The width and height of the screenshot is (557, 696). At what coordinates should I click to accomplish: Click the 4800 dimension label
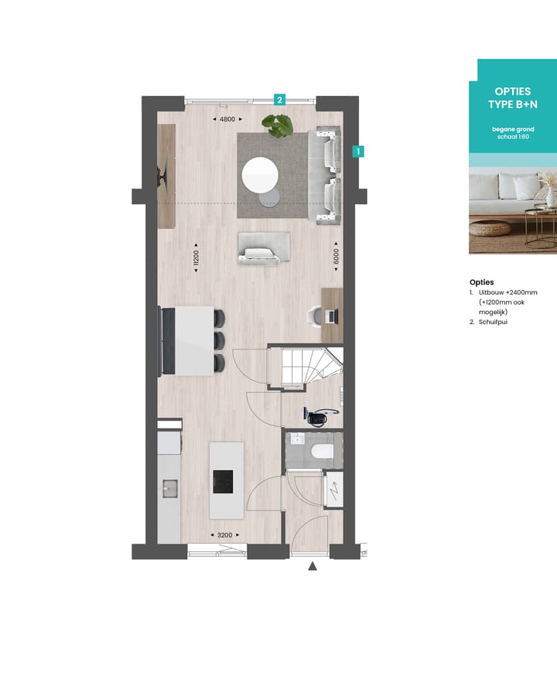(x=227, y=119)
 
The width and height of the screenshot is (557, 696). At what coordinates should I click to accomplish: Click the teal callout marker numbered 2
(x=279, y=99)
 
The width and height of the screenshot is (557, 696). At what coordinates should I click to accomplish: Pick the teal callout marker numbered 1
(x=358, y=152)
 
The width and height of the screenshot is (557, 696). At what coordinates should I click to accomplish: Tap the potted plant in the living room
(x=277, y=125)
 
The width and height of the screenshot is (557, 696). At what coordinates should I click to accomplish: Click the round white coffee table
(x=260, y=175)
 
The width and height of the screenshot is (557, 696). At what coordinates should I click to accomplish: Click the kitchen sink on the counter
(x=169, y=487)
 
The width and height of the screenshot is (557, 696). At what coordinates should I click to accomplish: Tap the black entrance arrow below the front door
(x=313, y=567)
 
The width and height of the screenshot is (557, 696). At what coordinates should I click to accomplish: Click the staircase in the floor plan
(x=305, y=367)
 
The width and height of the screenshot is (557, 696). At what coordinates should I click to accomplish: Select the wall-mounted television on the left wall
(x=162, y=176)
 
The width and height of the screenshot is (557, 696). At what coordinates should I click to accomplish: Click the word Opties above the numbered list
(x=481, y=282)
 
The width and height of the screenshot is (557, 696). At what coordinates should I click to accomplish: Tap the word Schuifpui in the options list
(x=493, y=322)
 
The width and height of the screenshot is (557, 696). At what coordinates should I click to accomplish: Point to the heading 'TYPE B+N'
(x=511, y=104)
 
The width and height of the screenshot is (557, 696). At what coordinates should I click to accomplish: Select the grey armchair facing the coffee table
(x=265, y=247)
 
